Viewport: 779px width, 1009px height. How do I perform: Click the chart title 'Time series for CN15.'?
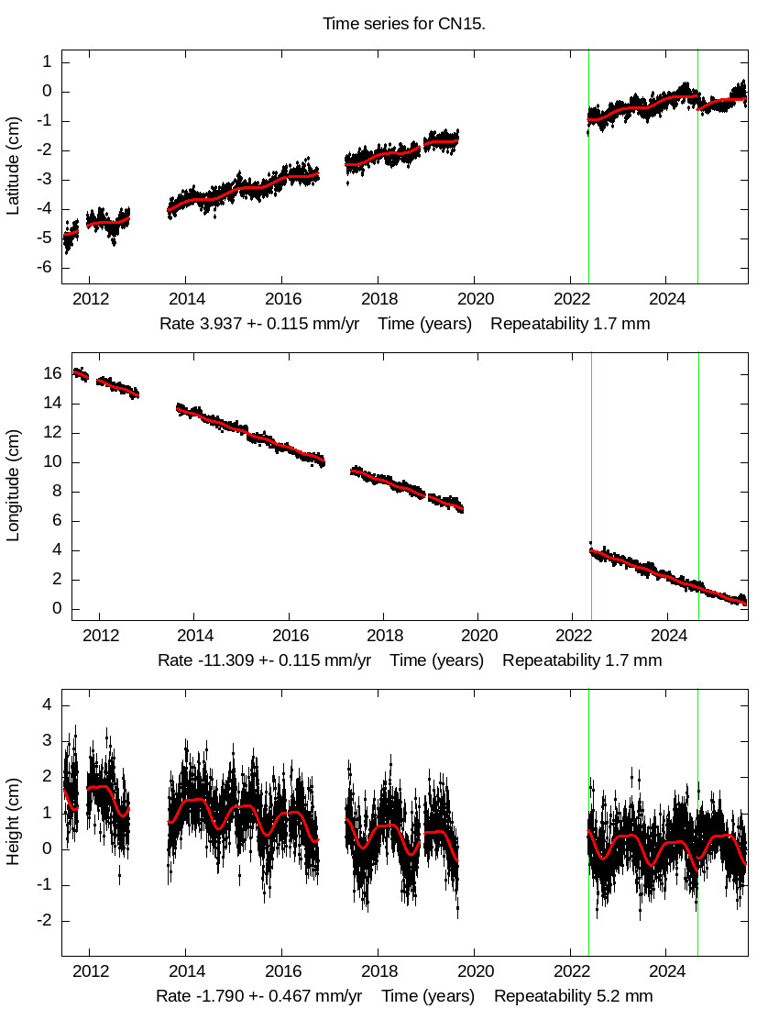[x=403, y=23]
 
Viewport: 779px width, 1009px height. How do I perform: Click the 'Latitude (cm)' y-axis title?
[x=13, y=165]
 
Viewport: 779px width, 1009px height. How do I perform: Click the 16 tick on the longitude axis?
[x=52, y=373]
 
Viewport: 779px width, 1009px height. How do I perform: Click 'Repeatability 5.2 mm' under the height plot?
[x=574, y=996]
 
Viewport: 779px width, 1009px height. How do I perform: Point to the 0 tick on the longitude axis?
[x=57, y=609]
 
